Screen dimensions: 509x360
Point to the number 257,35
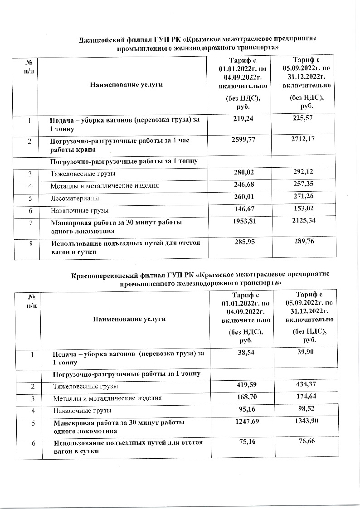303,185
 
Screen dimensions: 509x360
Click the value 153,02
303,209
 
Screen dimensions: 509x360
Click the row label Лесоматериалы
68,199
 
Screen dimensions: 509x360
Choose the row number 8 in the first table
31,243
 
